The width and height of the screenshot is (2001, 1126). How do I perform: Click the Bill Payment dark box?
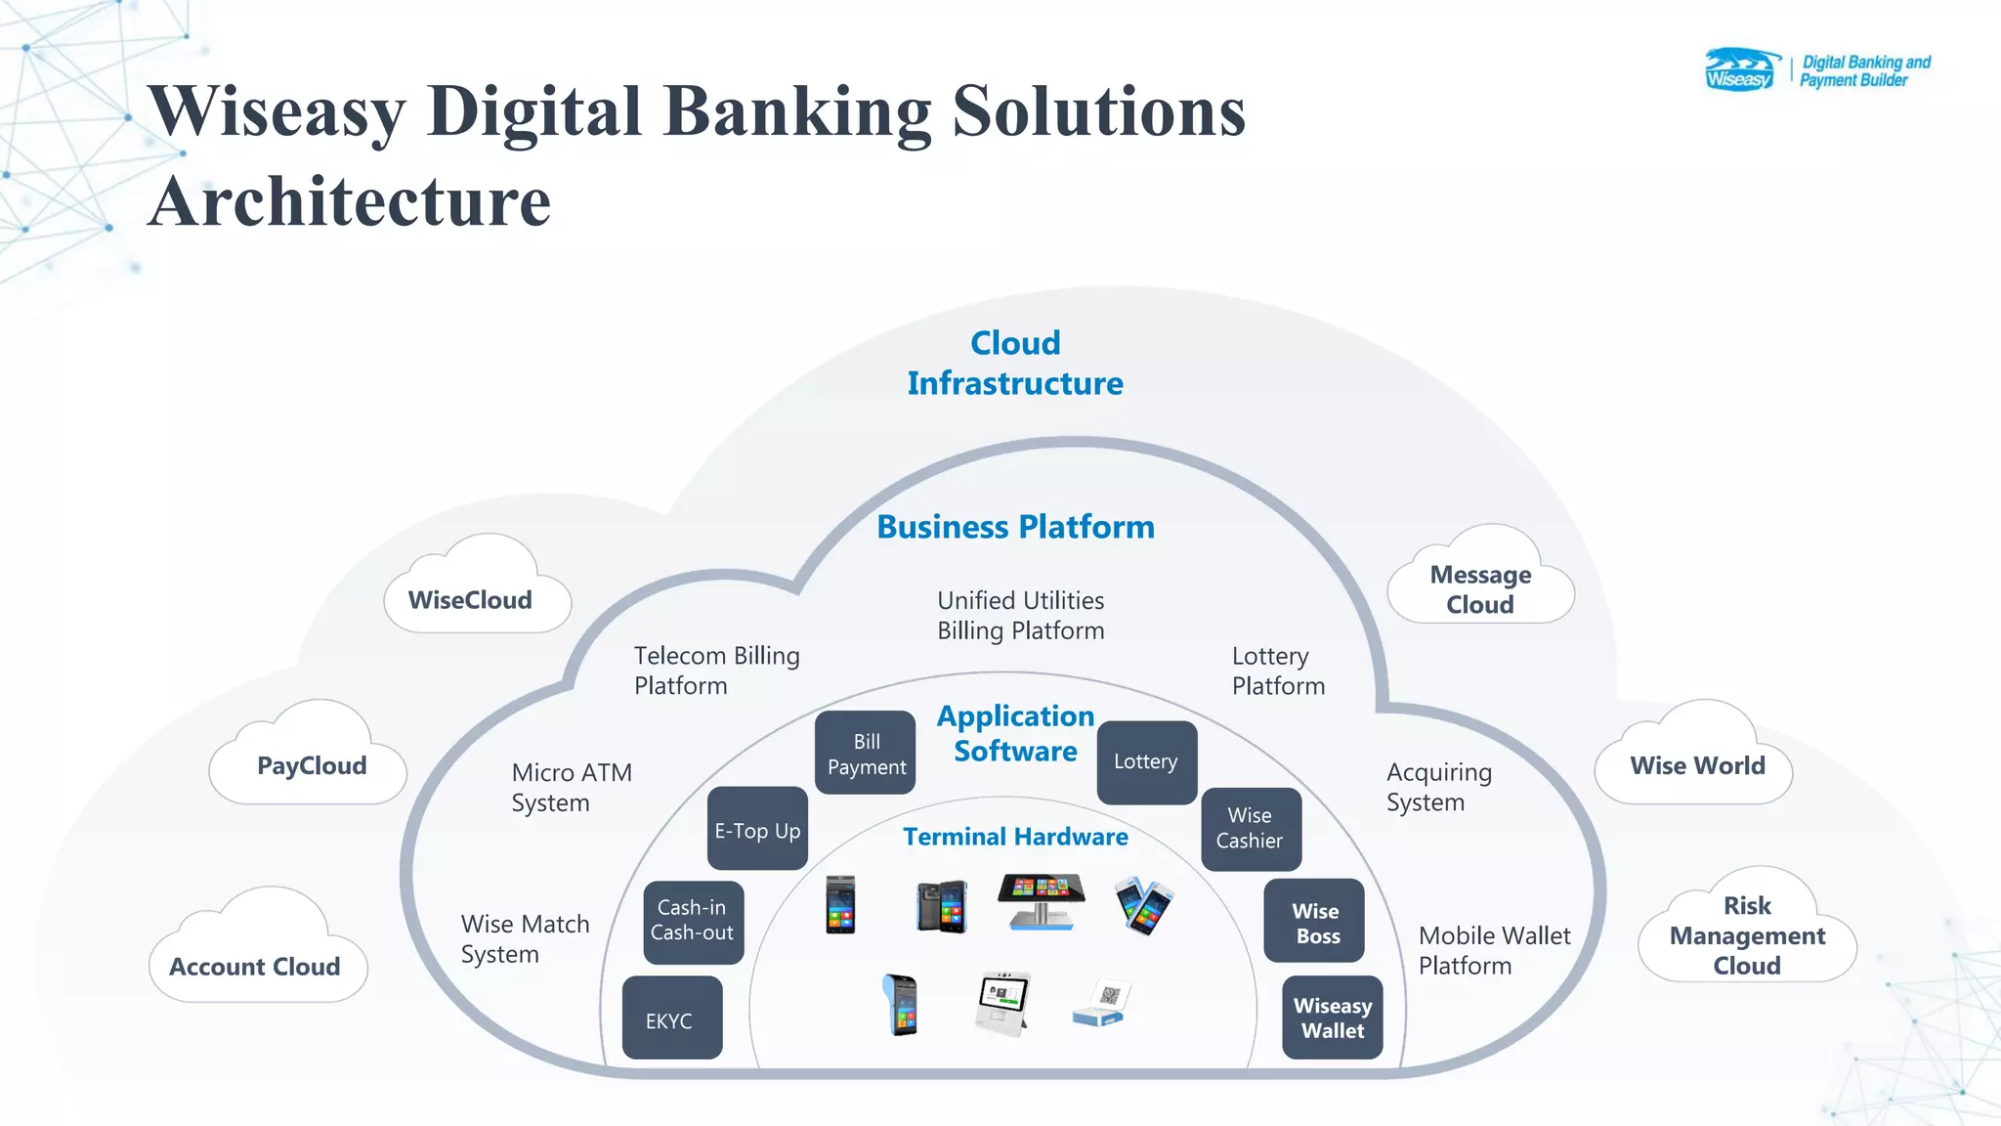click(866, 754)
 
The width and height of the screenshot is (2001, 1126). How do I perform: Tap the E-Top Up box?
click(757, 830)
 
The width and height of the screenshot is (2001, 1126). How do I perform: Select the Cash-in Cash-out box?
click(693, 921)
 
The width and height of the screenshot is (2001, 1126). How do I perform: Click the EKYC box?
click(671, 1018)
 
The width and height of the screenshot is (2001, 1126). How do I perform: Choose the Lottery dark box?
click(1146, 762)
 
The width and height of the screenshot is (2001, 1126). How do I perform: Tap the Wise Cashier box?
click(1250, 829)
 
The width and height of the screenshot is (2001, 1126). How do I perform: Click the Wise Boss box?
click(1314, 922)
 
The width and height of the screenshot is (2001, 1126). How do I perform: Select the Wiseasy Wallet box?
click(1332, 1018)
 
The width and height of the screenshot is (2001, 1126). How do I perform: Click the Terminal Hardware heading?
click(1015, 837)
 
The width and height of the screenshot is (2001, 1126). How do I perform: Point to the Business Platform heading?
click(1015, 527)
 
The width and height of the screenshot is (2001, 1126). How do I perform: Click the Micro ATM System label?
click(572, 787)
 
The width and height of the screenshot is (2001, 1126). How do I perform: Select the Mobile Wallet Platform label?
click(1494, 950)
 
